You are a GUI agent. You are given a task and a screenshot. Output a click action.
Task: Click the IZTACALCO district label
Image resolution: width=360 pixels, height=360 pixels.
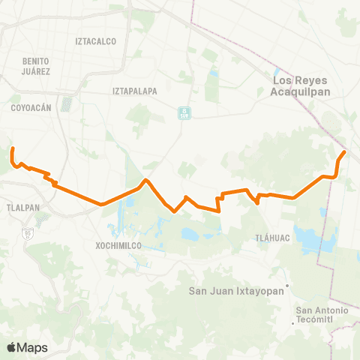[96, 41]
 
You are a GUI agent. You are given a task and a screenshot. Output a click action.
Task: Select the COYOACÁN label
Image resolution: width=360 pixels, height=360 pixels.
[31, 107]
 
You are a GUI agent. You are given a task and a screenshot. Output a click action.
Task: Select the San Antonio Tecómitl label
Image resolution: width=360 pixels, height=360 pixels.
[322, 315]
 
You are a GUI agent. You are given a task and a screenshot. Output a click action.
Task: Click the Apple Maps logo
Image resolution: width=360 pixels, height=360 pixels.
[27, 347]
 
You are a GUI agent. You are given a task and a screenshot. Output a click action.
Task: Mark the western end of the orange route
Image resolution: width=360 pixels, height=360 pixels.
[13, 149]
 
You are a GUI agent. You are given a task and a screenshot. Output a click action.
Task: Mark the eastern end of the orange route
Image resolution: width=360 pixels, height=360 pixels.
[344, 152]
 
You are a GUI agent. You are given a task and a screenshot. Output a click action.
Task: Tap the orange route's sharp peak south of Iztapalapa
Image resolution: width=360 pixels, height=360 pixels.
[146, 181]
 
